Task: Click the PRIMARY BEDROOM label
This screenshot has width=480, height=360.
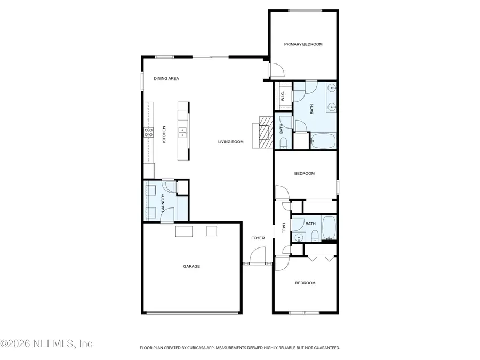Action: tap(303, 44)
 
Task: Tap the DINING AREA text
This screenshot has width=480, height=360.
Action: tap(166, 78)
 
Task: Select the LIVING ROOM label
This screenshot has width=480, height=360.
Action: tap(230, 142)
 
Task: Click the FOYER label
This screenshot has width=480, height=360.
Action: tap(258, 238)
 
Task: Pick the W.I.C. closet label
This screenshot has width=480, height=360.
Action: tap(283, 97)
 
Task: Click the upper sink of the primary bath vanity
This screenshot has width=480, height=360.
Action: tap(332, 89)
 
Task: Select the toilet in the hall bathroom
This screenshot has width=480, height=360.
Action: tap(316, 235)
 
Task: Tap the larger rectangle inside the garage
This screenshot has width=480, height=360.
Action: tap(184, 231)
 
